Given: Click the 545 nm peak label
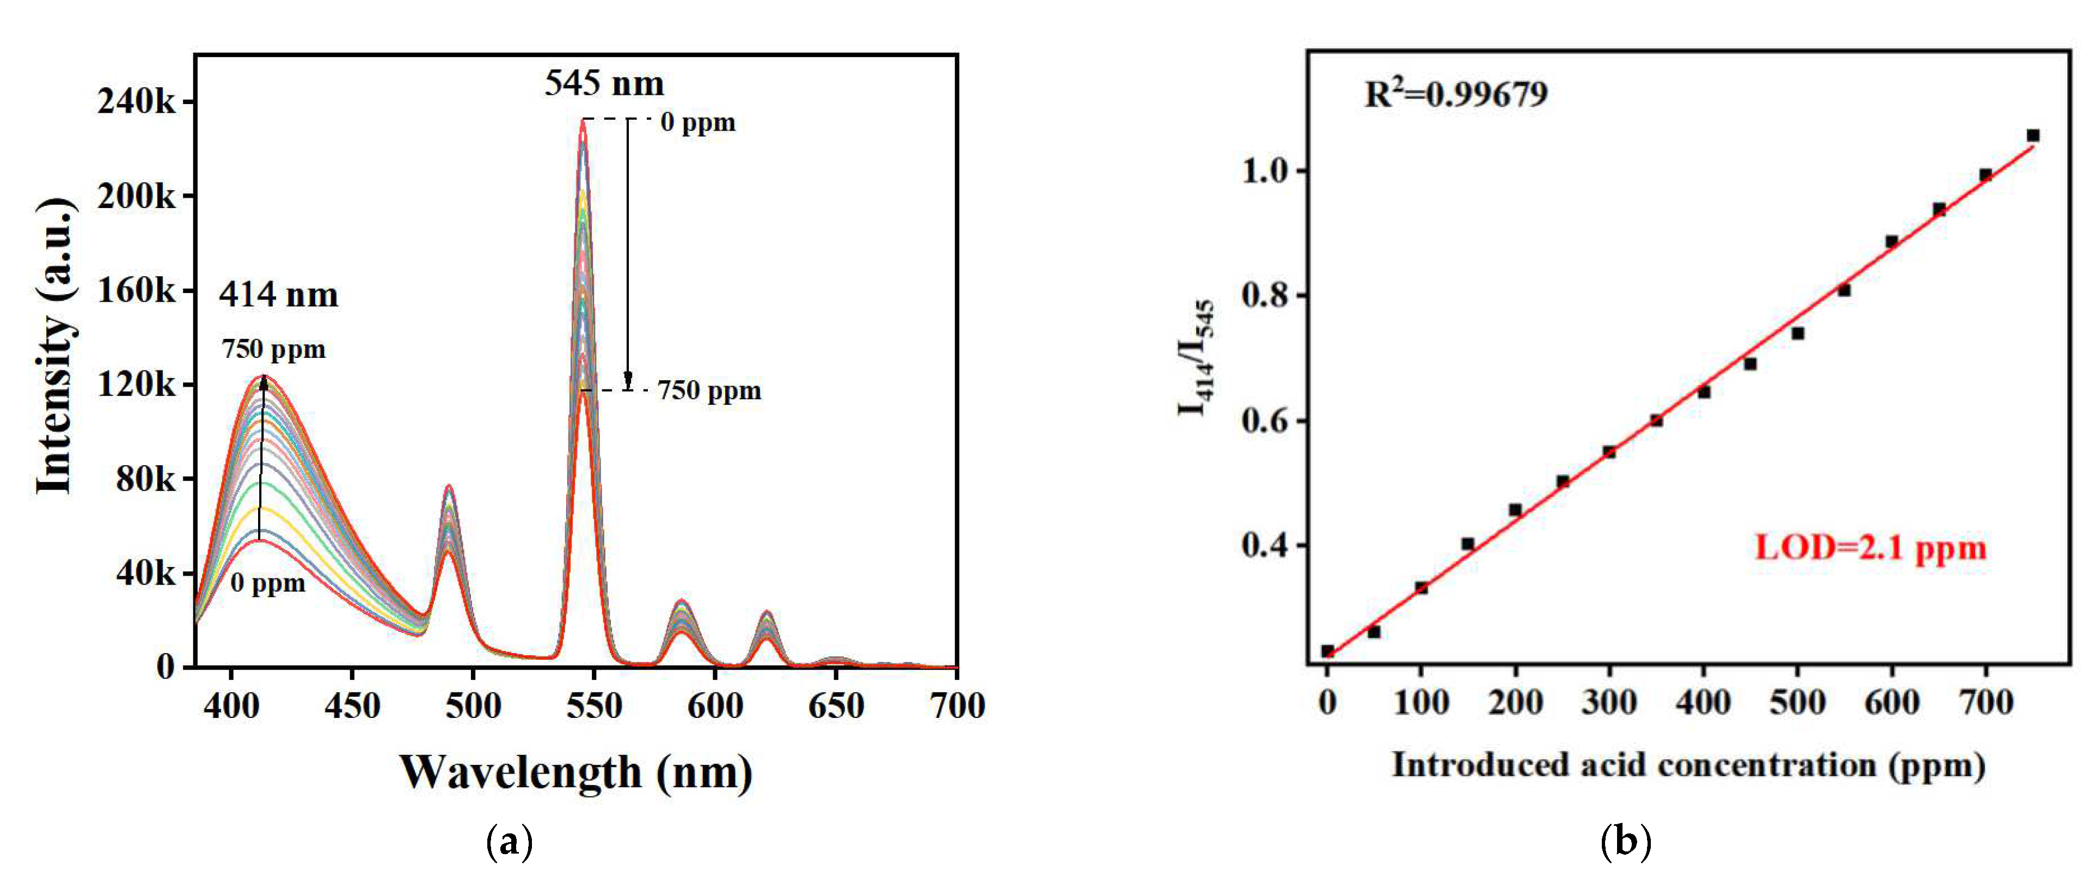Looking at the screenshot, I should [x=603, y=83].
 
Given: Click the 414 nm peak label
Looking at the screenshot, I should [x=278, y=294].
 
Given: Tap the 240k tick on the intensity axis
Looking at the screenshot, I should [x=137, y=102].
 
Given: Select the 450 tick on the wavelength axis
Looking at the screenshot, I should [x=351, y=705].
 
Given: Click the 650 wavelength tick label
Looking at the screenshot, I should [x=836, y=705].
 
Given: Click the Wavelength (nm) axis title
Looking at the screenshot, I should [x=575, y=772].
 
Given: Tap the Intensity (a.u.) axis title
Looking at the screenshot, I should [x=56, y=345].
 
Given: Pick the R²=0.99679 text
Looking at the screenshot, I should [x=1455, y=94].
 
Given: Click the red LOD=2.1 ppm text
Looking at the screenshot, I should [x=1870, y=547].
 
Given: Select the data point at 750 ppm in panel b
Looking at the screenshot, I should [x=2032, y=136].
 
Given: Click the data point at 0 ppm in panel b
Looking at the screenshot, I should [x=1327, y=650].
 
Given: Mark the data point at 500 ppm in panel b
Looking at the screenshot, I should [x=1797, y=333].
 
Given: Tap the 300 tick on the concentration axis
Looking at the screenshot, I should [x=1609, y=702].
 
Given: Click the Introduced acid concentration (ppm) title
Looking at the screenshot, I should [x=1688, y=765].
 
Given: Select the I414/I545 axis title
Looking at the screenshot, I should [x=1197, y=358].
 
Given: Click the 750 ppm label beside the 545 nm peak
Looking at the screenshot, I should [x=709, y=391].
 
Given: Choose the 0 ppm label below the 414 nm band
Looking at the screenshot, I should [x=267, y=583].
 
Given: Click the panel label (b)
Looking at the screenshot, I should [x=1625, y=842].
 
